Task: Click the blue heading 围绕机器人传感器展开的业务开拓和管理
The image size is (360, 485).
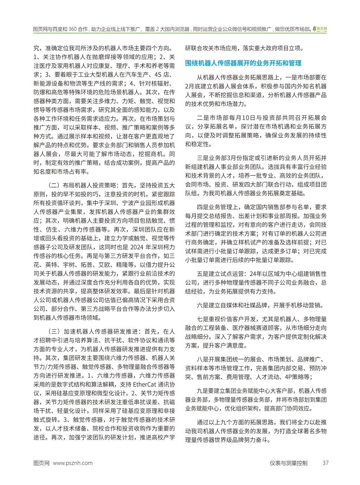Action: pyautogui.click(x=243, y=63)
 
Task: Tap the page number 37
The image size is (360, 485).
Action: pyautogui.click(x=325, y=463)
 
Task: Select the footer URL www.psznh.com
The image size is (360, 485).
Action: pyautogui.click(x=72, y=463)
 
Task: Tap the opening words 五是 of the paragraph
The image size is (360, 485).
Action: pyautogui.click(x=203, y=274)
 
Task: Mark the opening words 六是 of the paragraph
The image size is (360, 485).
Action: pyautogui.click(x=203, y=305)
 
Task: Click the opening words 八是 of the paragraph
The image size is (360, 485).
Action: pyautogui.click(x=203, y=359)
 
